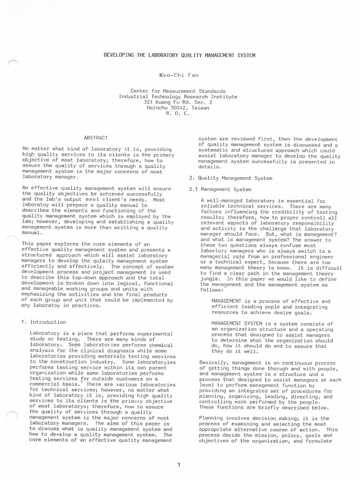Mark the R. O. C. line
click(178, 113)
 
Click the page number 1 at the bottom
click(179, 465)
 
